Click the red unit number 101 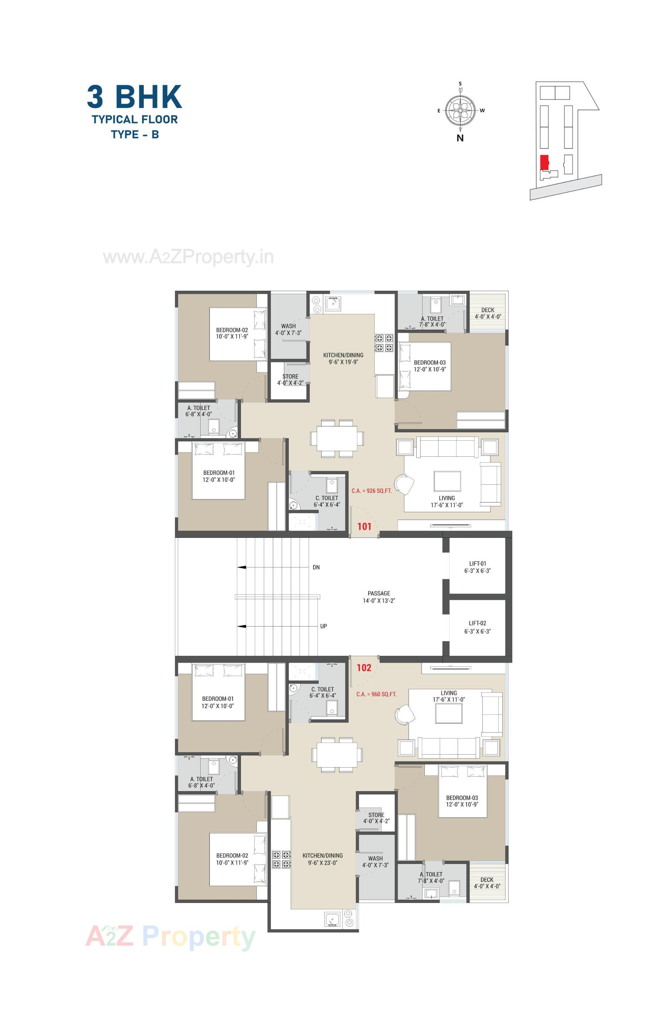point(364,526)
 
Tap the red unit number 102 point(364,667)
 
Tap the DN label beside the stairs point(316,567)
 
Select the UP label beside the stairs point(323,626)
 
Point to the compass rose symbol point(460,110)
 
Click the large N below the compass point(460,138)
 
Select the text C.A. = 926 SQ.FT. point(371,491)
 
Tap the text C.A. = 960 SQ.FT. point(376,694)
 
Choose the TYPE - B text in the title point(135,134)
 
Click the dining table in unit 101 point(337,438)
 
